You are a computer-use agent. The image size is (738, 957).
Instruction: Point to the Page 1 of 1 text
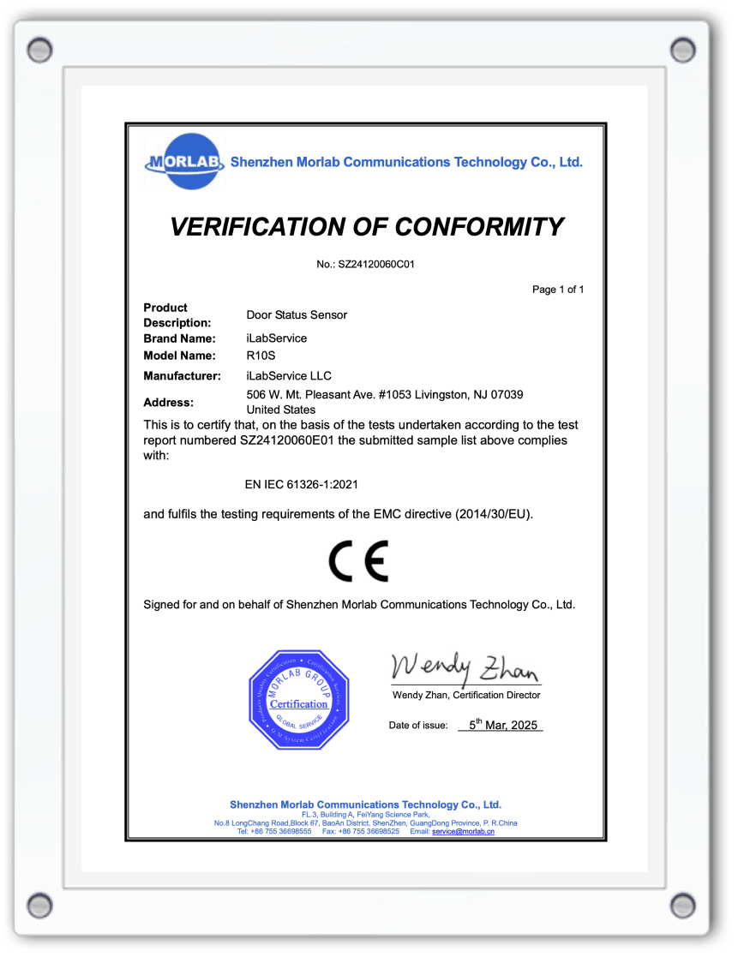[558, 290]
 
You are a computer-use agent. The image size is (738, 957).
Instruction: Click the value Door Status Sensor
[297, 314]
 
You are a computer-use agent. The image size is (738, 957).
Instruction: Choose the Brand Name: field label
[179, 338]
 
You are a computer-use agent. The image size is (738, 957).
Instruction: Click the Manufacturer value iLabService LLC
[288, 375]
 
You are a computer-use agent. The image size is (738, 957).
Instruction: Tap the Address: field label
[168, 402]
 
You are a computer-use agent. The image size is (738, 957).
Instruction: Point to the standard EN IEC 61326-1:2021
[301, 484]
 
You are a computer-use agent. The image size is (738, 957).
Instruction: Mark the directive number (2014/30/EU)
[495, 514]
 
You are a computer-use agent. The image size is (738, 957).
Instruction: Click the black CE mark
[358, 561]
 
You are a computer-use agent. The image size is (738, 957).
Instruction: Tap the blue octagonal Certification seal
[298, 700]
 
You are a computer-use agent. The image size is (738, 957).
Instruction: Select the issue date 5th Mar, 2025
[501, 725]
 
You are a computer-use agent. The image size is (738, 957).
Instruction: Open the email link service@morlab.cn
[463, 832]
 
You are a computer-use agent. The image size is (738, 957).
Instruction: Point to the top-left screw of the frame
[39, 49]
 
